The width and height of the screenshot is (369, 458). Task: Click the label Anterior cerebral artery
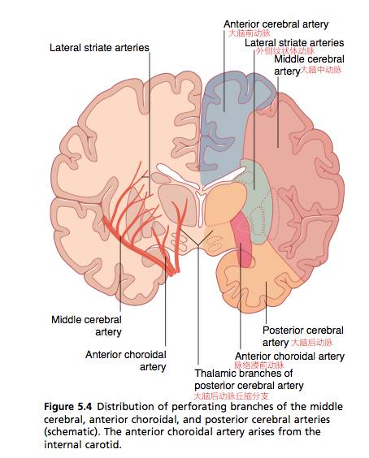point(276,24)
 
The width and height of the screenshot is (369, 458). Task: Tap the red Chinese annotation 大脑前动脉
point(249,33)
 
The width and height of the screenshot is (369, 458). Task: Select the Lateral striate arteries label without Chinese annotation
point(99,48)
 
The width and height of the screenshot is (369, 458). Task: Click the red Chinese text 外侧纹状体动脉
point(285,51)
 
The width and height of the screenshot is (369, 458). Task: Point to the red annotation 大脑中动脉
point(321,70)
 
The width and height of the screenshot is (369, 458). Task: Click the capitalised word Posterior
point(281,331)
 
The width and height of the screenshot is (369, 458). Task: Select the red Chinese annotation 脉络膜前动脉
point(259,365)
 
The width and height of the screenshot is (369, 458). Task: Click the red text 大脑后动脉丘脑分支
point(231,396)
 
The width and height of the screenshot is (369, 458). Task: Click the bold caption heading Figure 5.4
point(67,407)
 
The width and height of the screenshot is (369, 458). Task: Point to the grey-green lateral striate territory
point(258,205)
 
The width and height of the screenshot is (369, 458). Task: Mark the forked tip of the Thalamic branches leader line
point(198,244)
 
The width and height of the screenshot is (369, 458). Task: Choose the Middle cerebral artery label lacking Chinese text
point(86,326)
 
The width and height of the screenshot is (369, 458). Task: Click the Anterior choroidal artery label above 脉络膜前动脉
point(289,356)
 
